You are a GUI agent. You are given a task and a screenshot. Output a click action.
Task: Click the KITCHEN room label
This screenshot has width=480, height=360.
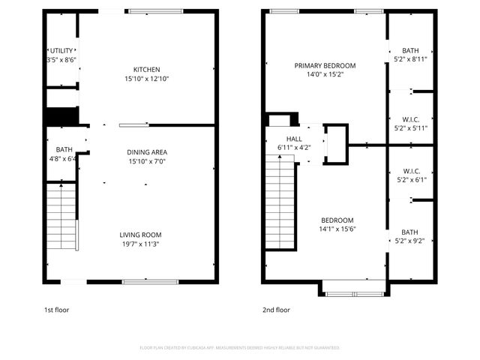pyautogui.click(x=146, y=70)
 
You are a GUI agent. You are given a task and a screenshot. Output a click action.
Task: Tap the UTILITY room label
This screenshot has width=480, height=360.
pyautogui.click(x=61, y=50)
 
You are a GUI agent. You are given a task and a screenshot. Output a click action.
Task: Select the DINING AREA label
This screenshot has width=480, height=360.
pyautogui.click(x=146, y=152)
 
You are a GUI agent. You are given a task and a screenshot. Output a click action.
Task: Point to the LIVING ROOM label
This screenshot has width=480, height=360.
pyautogui.click(x=146, y=234)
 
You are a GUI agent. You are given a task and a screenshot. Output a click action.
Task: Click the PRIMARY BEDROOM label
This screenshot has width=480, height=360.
pyautogui.click(x=325, y=65)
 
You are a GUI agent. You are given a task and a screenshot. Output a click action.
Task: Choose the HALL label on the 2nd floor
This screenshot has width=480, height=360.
pyautogui.click(x=294, y=139)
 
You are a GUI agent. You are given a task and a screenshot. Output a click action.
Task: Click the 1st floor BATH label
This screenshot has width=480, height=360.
pyautogui.click(x=64, y=149)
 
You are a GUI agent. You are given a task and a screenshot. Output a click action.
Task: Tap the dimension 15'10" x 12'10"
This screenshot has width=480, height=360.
pyautogui.click(x=146, y=79)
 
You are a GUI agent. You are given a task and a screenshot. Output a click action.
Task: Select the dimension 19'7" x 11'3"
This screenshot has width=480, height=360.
pyautogui.click(x=146, y=243)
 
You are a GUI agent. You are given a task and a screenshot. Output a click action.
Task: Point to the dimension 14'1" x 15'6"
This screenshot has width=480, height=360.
pyautogui.click(x=335, y=229)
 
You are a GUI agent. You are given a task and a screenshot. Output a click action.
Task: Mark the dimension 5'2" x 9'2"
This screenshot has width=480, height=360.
pyautogui.click(x=410, y=241)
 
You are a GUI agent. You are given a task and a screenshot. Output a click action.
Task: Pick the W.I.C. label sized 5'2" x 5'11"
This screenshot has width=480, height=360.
pyautogui.click(x=410, y=118)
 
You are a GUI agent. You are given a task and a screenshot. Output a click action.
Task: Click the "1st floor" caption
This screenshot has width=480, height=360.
pyautogui.click(x=58, y=309)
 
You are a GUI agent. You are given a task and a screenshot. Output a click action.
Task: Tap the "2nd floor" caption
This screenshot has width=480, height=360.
pyautogui.click(x=275, y=309)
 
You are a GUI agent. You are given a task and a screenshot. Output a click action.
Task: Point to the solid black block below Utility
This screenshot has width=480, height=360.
pyautogui.click(x=62, y=117)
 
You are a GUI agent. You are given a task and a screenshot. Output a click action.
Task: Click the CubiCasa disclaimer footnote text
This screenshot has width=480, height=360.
pyautogui.click(x=240, y=348)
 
